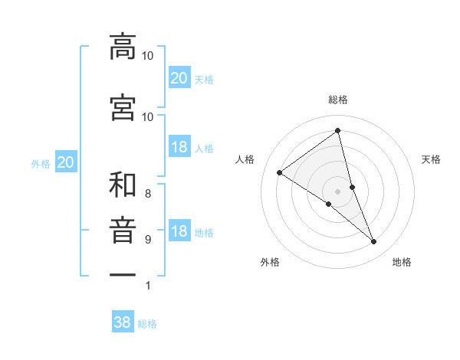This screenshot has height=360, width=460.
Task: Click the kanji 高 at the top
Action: click(123, 47)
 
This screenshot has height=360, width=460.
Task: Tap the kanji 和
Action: click(123, 185)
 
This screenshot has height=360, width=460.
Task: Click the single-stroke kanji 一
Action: click(123, 273)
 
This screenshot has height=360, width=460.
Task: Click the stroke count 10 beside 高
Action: click(148, 56)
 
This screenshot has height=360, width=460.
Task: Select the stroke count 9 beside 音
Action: click(148, 240)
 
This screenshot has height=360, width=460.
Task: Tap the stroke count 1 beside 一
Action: click(148, 286)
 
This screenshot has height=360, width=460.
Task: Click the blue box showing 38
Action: click(123, 322)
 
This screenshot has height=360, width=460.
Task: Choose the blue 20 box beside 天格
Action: click(179, 78)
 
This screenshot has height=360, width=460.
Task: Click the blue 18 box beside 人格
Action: click(179, 148)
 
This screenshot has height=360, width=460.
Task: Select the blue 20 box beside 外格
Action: click(66, 162)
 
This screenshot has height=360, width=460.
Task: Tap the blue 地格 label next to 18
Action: click(204, 233)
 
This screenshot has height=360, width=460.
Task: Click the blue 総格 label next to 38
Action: click(147, 324)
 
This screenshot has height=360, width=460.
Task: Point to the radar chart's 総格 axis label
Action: click(337, 100)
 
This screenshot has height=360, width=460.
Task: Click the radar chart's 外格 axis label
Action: click(270, 262)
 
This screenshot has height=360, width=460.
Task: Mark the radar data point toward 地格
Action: click(373, 242)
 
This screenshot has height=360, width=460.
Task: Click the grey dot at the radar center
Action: click(337, 191)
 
